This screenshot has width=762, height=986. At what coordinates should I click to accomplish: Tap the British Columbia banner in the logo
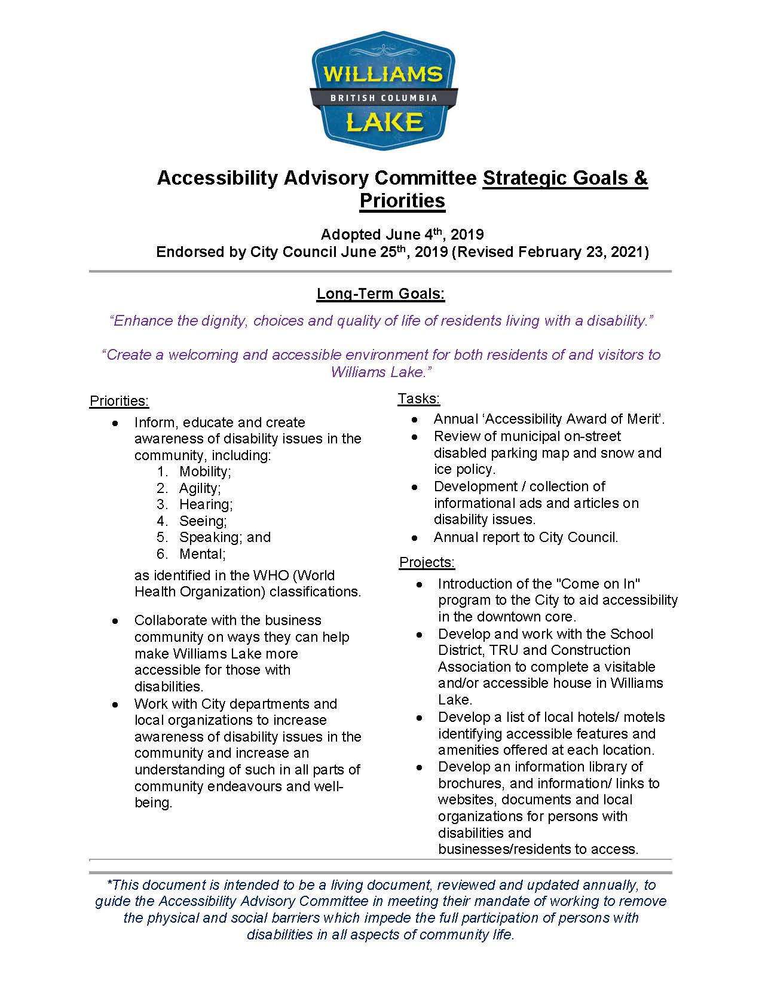tap(384, 97)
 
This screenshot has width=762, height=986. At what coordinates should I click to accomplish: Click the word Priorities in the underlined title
tap(402, 201)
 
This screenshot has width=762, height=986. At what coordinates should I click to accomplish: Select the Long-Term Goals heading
tap(381, 294)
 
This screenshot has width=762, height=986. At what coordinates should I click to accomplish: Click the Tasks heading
tap(419, 399)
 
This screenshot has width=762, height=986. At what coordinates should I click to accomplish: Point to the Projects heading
tap(427, 562)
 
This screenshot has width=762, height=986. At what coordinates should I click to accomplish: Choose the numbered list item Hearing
tap(205, 504)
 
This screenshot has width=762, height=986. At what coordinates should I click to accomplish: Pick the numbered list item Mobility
tap(204, 471)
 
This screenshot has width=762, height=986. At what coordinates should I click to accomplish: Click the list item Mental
tap(201, 554)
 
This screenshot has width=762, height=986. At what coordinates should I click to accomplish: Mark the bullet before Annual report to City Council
tap(415, 537)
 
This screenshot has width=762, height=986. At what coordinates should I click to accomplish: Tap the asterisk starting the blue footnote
tap(109, 884)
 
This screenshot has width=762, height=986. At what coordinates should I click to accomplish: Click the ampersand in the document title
tap(640, 178)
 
